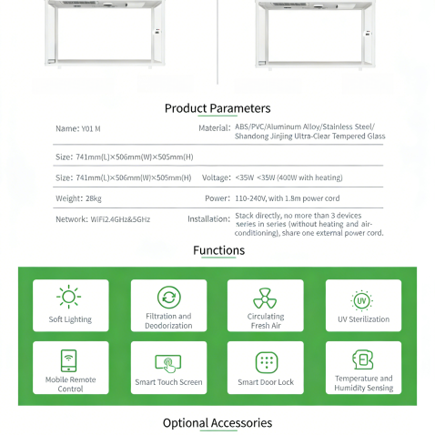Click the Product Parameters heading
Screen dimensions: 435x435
[217, 108]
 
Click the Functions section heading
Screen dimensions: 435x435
[218, 250]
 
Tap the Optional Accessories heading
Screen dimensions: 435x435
[217, 422]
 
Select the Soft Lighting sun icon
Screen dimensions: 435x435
[70, 298]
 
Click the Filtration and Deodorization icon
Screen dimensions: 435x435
[168, 297]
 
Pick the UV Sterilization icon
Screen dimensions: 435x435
[362, 299]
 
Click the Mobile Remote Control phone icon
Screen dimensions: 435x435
[70, 359]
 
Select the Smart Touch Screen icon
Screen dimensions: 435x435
[168, 361]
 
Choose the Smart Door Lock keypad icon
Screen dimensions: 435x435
[266, 362]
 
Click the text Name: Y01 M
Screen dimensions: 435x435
[78, 129]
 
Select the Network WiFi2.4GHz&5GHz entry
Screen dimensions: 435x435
[102, 219]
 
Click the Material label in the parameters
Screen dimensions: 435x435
[214, 127]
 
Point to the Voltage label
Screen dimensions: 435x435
[216, 177]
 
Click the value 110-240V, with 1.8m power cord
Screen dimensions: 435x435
[288, 197]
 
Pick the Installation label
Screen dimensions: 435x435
[208, 219]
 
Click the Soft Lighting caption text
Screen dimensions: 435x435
[70, 319]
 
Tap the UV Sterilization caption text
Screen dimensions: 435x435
[362, 319]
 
